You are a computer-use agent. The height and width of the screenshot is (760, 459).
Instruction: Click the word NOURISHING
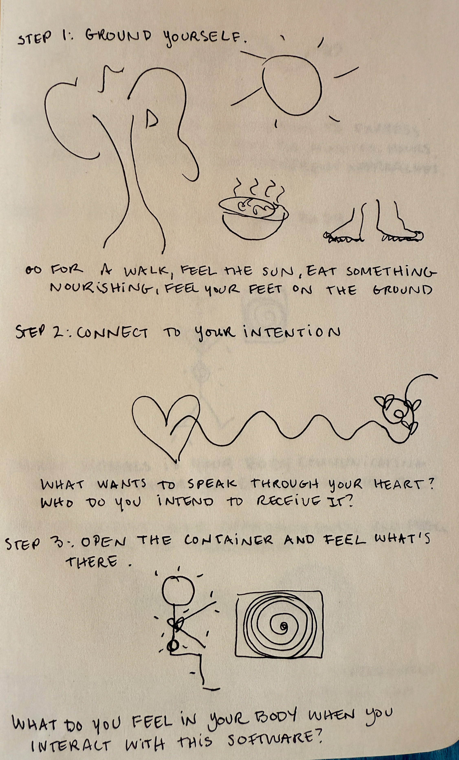pos(104,289)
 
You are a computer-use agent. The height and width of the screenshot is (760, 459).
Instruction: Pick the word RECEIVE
pos(287,502)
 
